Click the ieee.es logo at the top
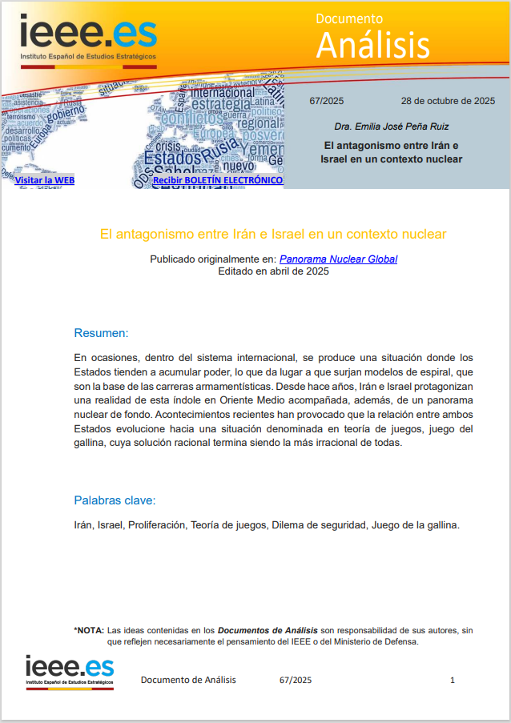click(x=89, y=38)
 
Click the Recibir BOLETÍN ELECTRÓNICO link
click(x=217, y=180)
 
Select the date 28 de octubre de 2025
click(x=448, y=101)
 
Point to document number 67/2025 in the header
click(x=326, y=101)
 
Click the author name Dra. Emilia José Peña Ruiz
click(x=392, y=127)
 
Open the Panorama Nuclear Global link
click(x=338, y=259)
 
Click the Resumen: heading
click(x=101, y=333)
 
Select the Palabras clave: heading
click(x=115, y=500)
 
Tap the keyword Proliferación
click(x=155, y=525)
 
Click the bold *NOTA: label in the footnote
click(x=89, y=630)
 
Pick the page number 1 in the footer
click(x=453, y=680)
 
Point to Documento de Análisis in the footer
click(x=188, y=680)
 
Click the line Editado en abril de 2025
click(x=273, y=271)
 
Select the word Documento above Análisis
click(x=349, y=18)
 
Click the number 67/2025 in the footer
click(x=296, y=680)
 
